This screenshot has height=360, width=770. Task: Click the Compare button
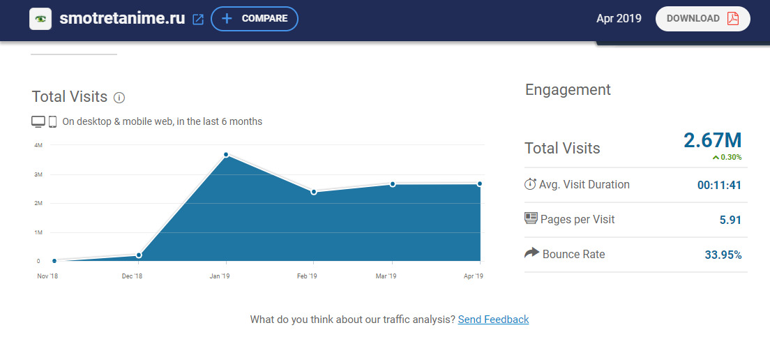tap(254, 19)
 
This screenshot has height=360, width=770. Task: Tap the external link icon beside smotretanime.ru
tap(198, 20)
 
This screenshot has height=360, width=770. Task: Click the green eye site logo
tap(41, 19)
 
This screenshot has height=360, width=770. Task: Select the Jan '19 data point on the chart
tap(227, 154)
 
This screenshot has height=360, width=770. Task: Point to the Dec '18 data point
tap(139, 255)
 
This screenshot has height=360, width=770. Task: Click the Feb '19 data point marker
tap(314, 192)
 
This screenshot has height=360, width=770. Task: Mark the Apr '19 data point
tap(480, 184)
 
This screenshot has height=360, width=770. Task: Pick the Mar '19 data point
tap(393, 184)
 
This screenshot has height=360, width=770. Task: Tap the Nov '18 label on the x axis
tap(47, 276)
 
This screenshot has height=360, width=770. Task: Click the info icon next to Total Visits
tap(119, 98)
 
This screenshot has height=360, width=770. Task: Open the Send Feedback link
tap(493, 320)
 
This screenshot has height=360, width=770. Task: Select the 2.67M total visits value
tap(712, 140)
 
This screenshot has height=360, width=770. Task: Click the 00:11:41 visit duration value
tap(719, 185)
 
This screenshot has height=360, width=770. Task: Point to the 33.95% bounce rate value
tap(723, 255)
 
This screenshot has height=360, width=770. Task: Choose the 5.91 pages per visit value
tap(730, 220)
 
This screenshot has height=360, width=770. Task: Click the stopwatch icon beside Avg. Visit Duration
tap(531, 184)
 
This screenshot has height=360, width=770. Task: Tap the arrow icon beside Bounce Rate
tap(531, 253)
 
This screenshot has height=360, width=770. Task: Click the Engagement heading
tap(568, 89)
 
